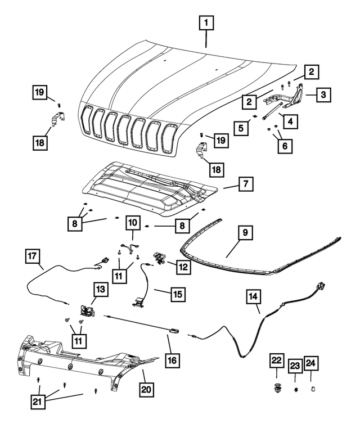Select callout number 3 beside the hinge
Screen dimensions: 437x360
coord(323,94)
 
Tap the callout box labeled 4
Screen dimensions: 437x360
coord(290,120)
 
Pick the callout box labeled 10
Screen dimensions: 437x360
coord(132,222)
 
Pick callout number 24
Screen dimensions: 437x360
coord(311,364)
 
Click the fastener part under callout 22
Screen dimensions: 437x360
coord(276,387)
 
